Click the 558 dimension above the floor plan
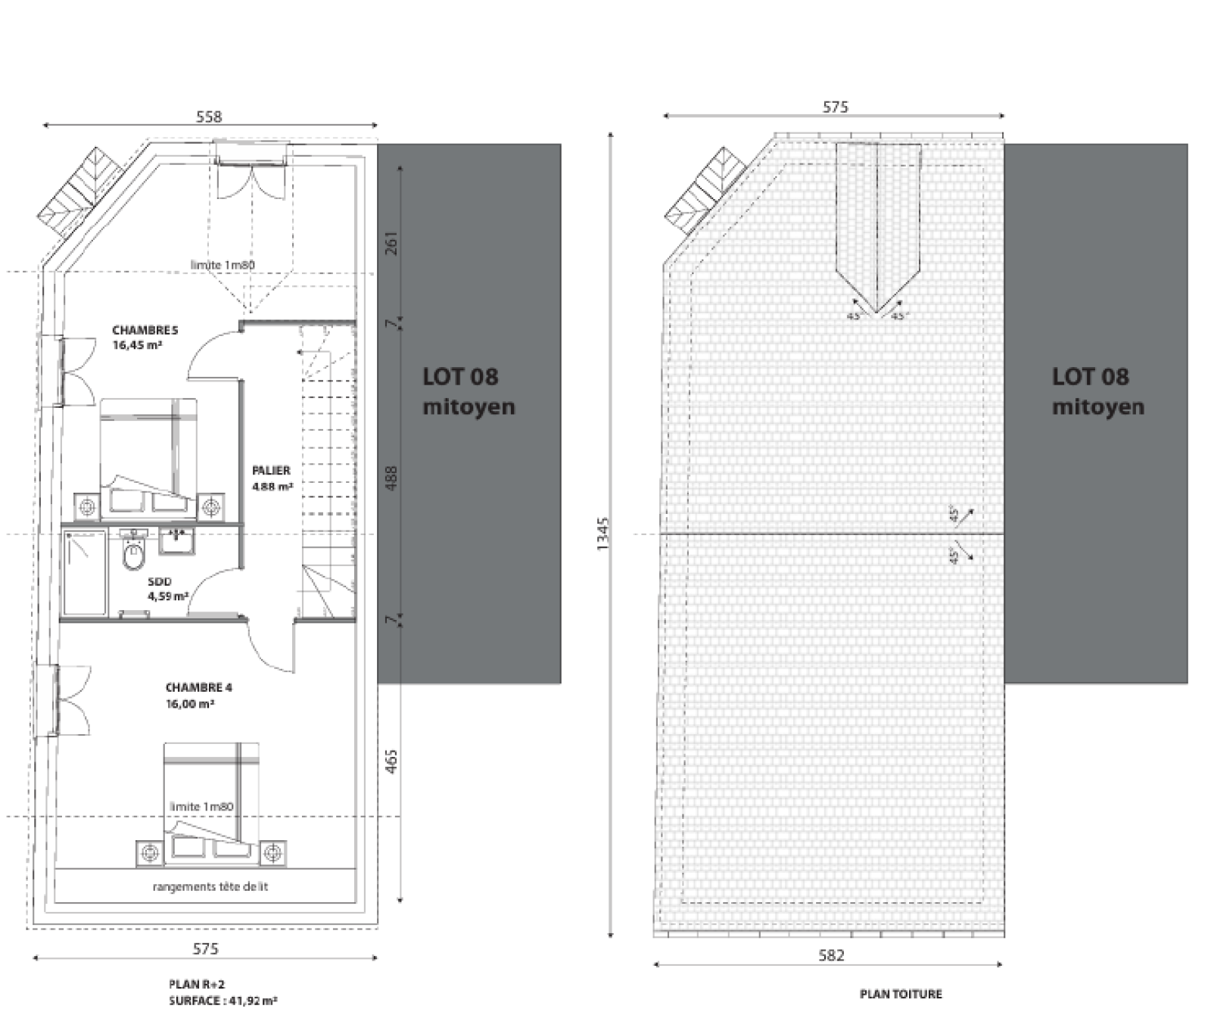(x=209, y=117)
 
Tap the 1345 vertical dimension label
(x=602, y=534)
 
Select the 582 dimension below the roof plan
(x=831, y=955)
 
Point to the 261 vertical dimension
(x=391, y=242)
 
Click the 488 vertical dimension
(x=391, y=478)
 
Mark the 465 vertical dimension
(x=391, y=761)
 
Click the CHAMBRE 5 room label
(x=145, y=330)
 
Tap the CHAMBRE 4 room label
(x=199, y=687)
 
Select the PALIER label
(x=271, y=470)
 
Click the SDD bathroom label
(x=160, y=581)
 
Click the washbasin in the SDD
(x=176, y=540)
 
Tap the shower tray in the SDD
(x=84, y=572)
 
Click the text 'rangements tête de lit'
(x=210, y=886)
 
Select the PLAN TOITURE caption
(x=901, y=994)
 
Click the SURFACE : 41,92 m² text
(x=223, y=1001)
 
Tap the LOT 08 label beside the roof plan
(x=1090, y=376)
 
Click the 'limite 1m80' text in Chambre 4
(x=201, y=806)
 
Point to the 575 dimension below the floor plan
(x=205, y=948)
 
